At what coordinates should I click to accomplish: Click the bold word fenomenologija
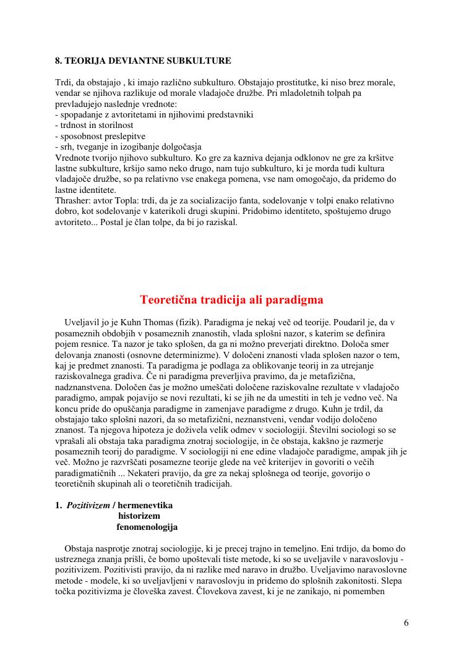tap(147, 527)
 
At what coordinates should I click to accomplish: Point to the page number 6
tap(406, 623)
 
